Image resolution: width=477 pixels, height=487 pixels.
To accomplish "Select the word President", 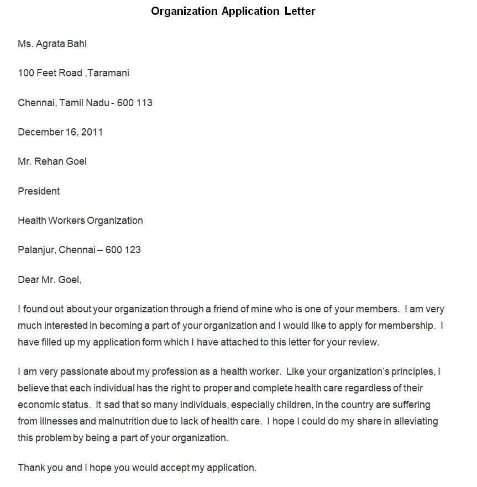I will (x=39, y=191).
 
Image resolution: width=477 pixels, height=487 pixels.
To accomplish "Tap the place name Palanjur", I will (x=36, y=250).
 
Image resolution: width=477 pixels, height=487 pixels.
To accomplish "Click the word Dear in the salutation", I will (x=28, y=280).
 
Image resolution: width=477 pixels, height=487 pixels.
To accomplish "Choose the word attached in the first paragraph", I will (x=239, y=342).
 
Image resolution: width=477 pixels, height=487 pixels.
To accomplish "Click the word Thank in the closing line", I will (x=32, y=468).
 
